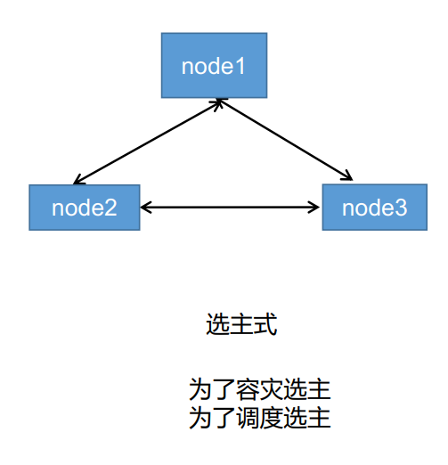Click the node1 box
pyautogui.click(x=214, y=66)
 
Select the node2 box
pyautogui.click(x=84, y=208)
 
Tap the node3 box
pyautogui.click(x=374, y=208)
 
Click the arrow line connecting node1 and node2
pyautogui.click(x=147, y=143)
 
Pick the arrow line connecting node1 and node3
pyautogui.click(x=285, y=142)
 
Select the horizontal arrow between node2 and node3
pyautogui.click(x=231, y=208)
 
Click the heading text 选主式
pyautogui.click(x=241, y=325)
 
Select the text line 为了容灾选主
pyautogui.click(x=259, y=390)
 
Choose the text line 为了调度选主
pyautogui.click(x=259, y=417)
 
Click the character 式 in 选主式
pyautogui.click(x=265, y=325)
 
